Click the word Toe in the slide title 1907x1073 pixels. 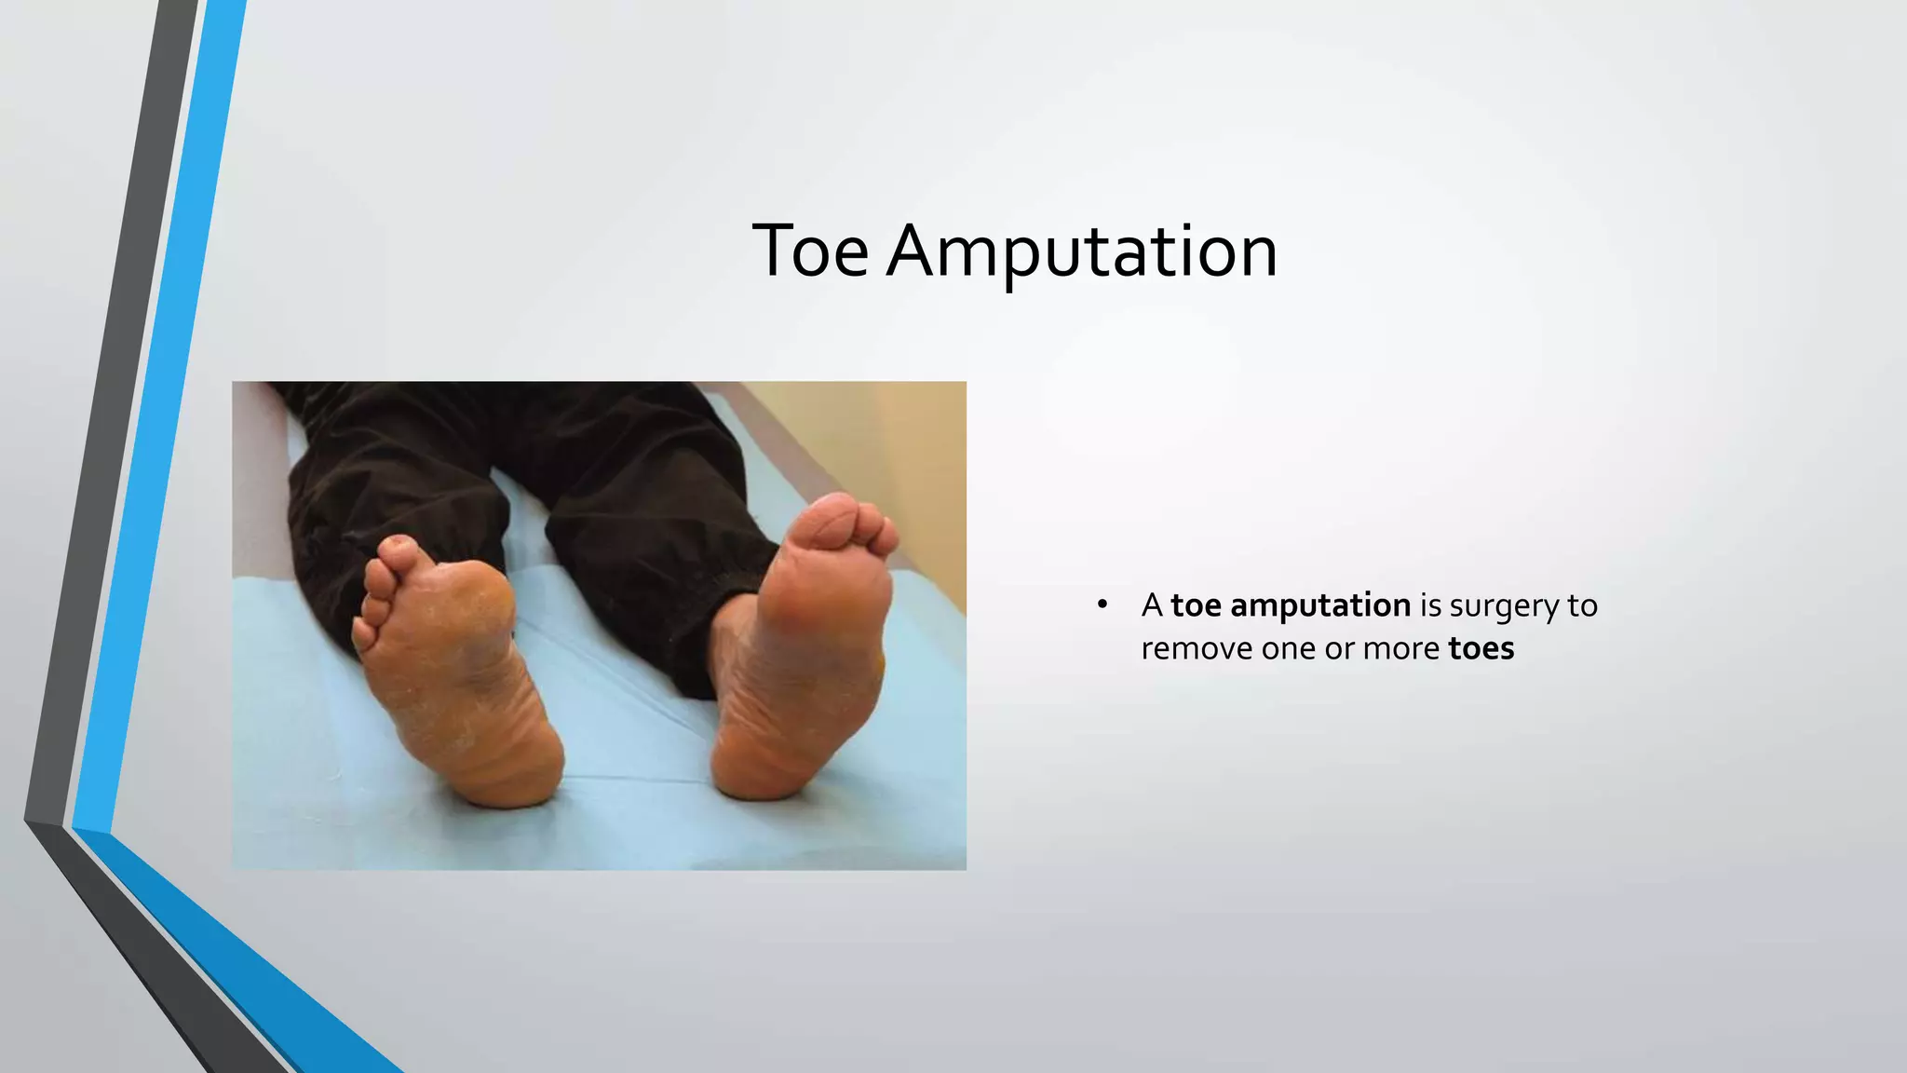[810, 251]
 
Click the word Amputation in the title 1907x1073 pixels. [1082, 251]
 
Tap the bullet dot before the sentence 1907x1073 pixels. [1102, 605]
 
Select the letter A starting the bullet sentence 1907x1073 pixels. [1152, 605]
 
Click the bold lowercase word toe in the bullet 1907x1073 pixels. [1197, 605]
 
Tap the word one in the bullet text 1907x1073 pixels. [1288, 648]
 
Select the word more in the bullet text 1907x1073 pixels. [1401, 648]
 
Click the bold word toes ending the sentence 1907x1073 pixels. [1481, 648]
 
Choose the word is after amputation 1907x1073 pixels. [1430, 605]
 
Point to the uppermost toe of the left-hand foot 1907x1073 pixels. [398, 550]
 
